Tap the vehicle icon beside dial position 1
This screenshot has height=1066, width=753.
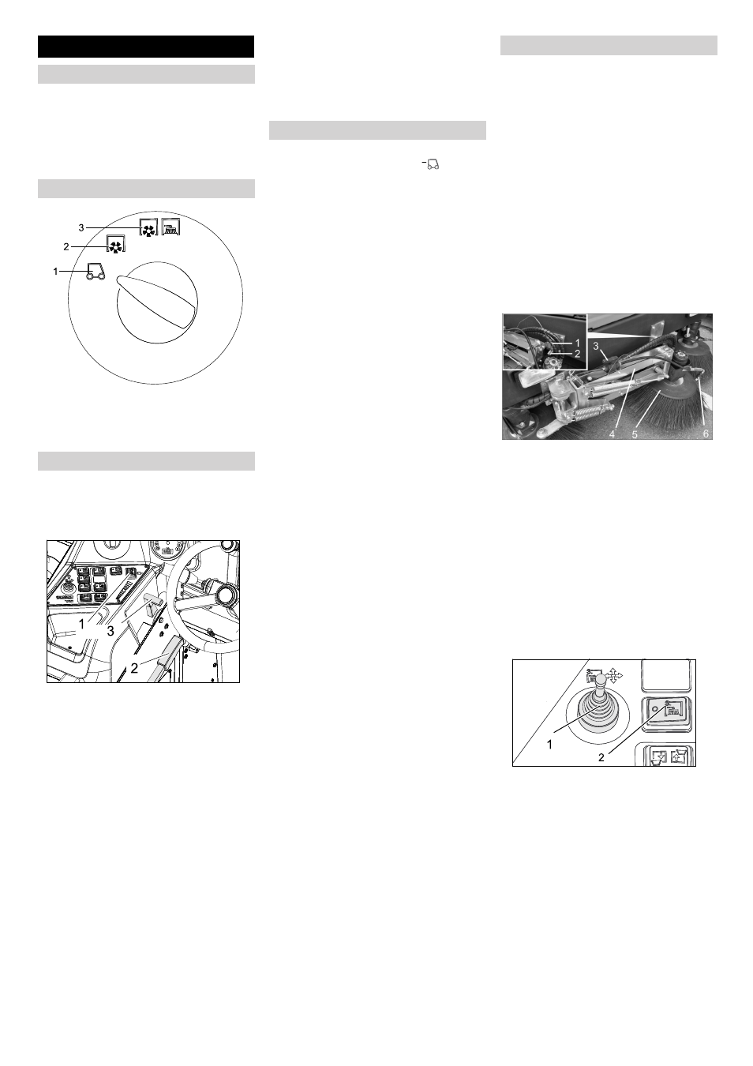96,271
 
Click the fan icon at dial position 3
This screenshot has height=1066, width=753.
148,228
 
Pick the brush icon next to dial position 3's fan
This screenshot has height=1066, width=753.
170,227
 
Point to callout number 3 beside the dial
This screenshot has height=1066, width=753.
81,228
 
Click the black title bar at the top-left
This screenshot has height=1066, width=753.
146,46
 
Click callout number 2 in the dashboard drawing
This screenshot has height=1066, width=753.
134,668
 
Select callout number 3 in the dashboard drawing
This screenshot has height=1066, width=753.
111,631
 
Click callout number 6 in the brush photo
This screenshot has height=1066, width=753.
706,434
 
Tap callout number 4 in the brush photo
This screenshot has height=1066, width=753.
613,434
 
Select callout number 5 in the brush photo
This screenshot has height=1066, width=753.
635,434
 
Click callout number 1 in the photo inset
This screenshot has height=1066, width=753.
578,343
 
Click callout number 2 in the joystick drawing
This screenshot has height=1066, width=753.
601,757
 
